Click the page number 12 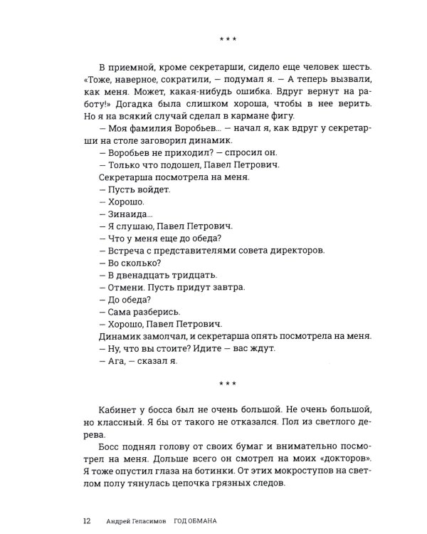coord(86,520)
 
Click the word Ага coord(115,361)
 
